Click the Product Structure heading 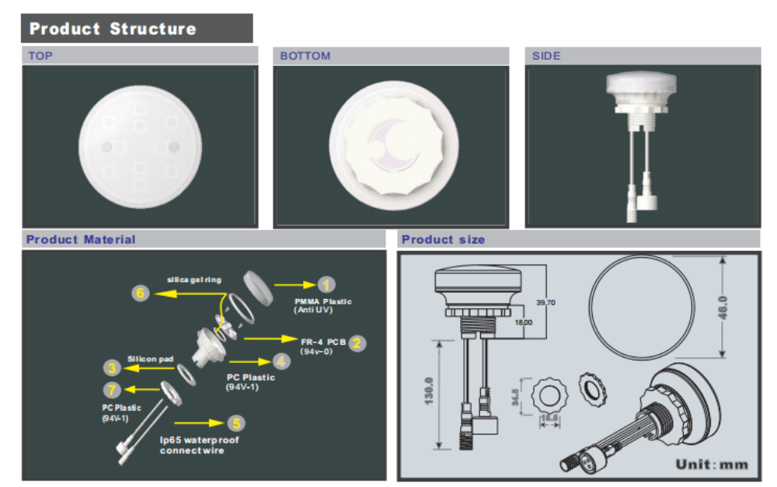click(x=113, y=30)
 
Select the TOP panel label click(x=40, y=56)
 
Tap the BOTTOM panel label click(x=305, y=56)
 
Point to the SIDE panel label click(x=546, y=56)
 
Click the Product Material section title click(x=80, y=239)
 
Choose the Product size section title click(x=443, y=239)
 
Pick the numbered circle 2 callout click(x=357, y=343)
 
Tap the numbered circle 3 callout click(x=113, y=367)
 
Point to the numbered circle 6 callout click(x=140, y=293)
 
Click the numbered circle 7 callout click(x=113, y=389)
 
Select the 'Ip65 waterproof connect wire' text click(x=199, y=445)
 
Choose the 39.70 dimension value click(x=545, y=302)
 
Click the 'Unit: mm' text click(x=711, y=464)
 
